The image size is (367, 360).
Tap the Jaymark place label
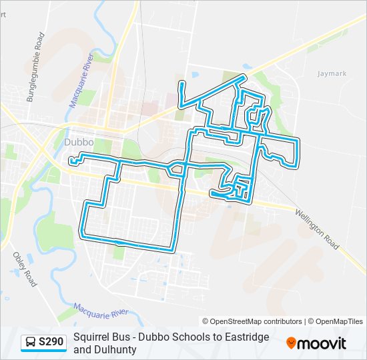(332, 73)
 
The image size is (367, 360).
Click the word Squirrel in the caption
(91, 337)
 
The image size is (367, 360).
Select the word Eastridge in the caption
(246, 337)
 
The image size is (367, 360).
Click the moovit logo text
(322, 344)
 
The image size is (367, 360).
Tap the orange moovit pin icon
(291, 343)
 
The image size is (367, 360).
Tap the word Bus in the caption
(121, 337)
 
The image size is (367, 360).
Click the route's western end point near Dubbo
(70, 161)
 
